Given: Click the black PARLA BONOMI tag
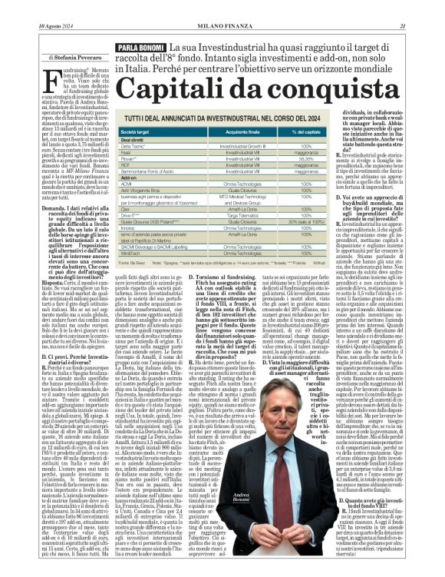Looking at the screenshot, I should coord(137,48).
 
